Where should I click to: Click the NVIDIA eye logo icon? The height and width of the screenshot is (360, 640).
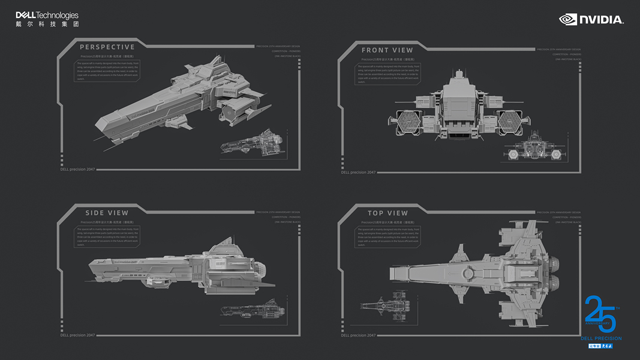coord(567,20)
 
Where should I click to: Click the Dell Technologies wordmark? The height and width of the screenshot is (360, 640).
coord(47,15)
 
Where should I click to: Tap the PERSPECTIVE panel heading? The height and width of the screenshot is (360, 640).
coord(107,47)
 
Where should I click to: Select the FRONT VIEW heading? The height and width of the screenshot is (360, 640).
coord(387,50)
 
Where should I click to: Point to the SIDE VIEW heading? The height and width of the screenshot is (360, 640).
coord(107,213)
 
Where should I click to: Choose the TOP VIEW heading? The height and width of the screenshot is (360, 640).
coord(387,213)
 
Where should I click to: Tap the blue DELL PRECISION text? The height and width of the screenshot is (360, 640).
coord(601,339)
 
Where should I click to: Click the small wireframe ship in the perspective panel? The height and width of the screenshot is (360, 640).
coord(253,145)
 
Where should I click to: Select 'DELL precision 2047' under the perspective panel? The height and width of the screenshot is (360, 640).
coord(77,169)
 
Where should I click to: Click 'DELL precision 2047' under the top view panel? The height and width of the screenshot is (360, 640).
coord(358,335)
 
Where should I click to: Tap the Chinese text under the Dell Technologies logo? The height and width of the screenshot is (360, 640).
coord(47,25)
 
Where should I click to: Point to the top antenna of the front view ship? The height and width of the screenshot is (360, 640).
coord(459,73)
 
